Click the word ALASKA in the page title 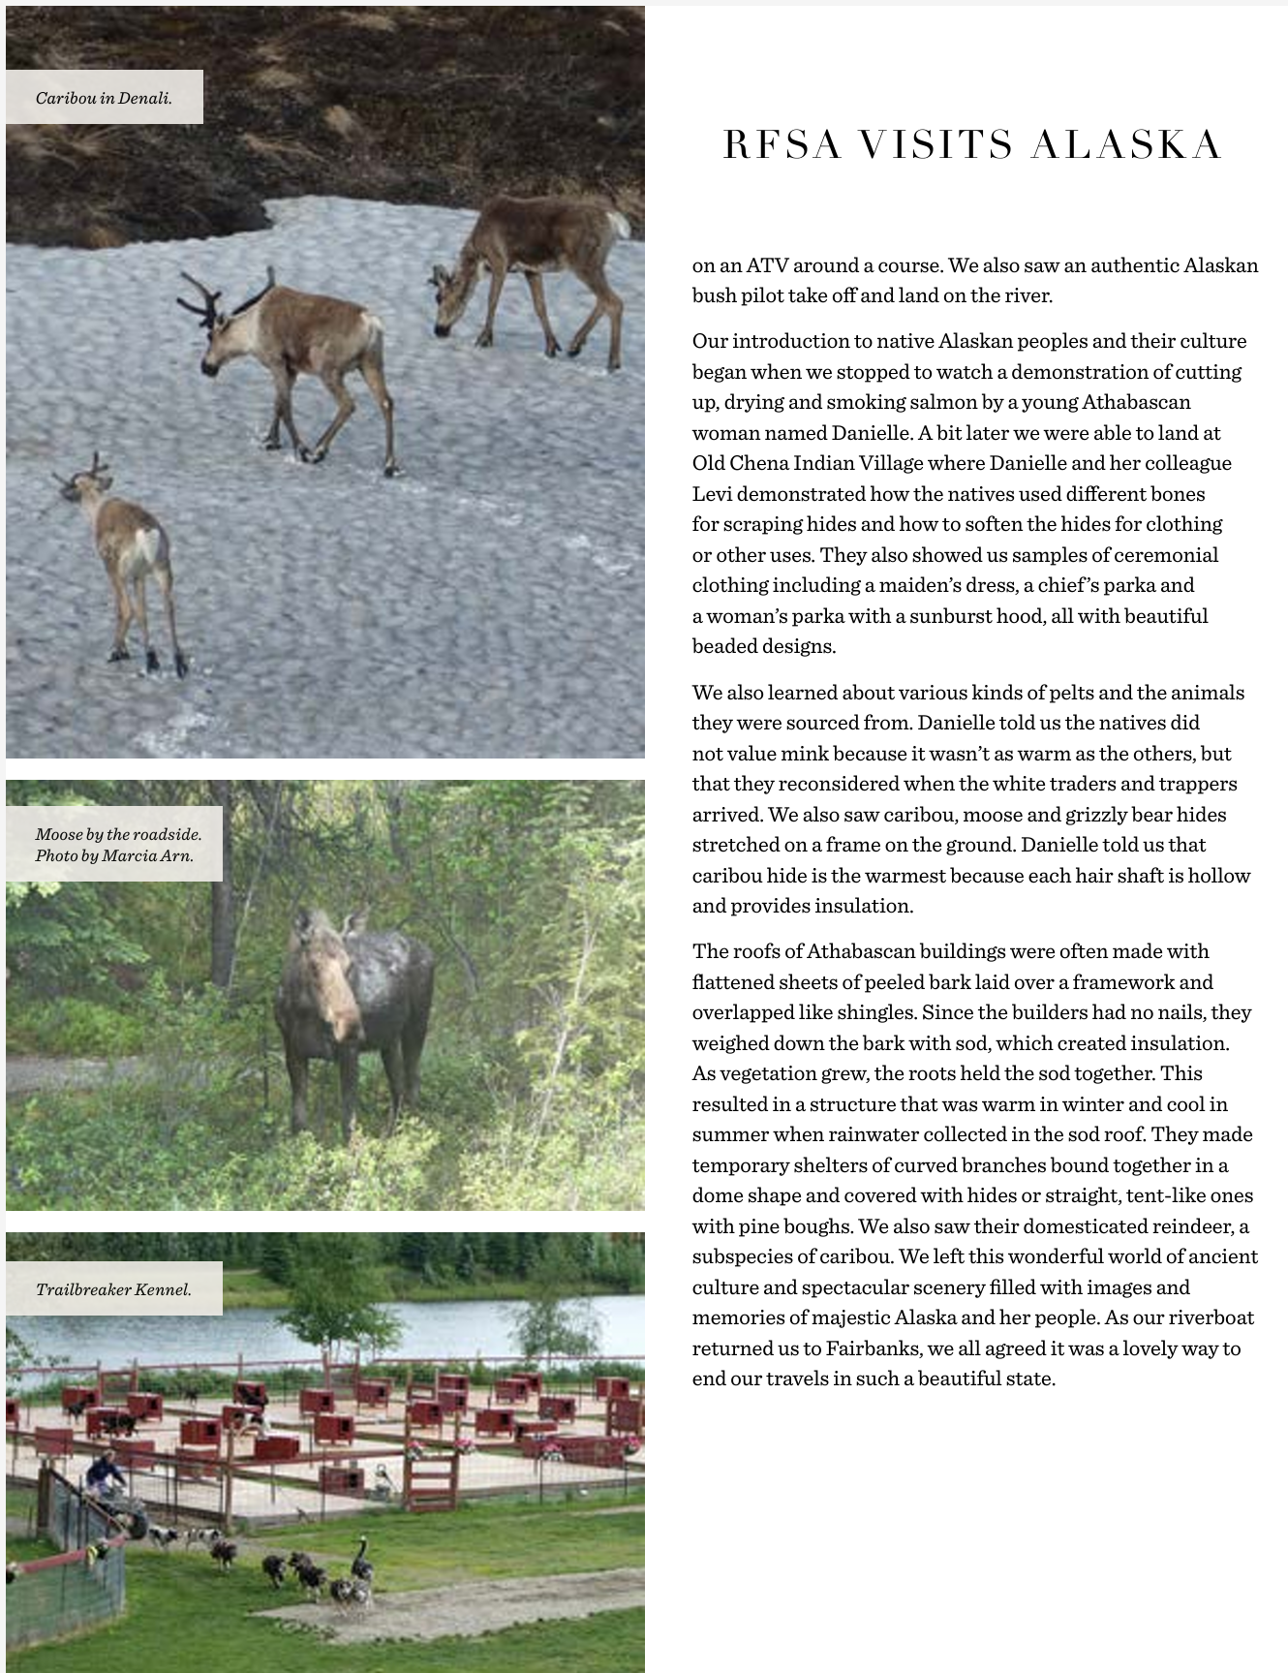click(1125, 145)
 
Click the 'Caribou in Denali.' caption click(104, 98)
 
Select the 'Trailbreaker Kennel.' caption click(113, 1289)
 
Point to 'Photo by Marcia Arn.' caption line click(114, 855)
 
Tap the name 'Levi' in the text click(712, 494)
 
